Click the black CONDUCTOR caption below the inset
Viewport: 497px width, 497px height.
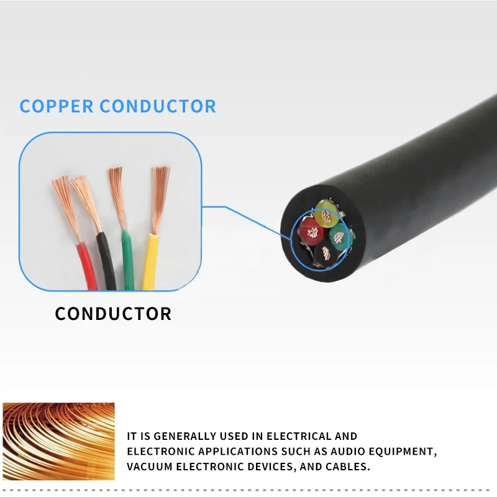(x=113, y=314)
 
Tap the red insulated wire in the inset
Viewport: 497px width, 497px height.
(x=86, y=267)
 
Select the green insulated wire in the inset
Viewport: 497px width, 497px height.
(x=128, y=261)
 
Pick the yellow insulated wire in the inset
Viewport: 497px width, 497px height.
(x=150, y=261)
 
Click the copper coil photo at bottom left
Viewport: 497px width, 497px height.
(x=58, y=441)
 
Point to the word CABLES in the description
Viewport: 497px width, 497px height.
(x=349, y=467)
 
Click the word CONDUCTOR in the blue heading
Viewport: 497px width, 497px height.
(x=158, y=106)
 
